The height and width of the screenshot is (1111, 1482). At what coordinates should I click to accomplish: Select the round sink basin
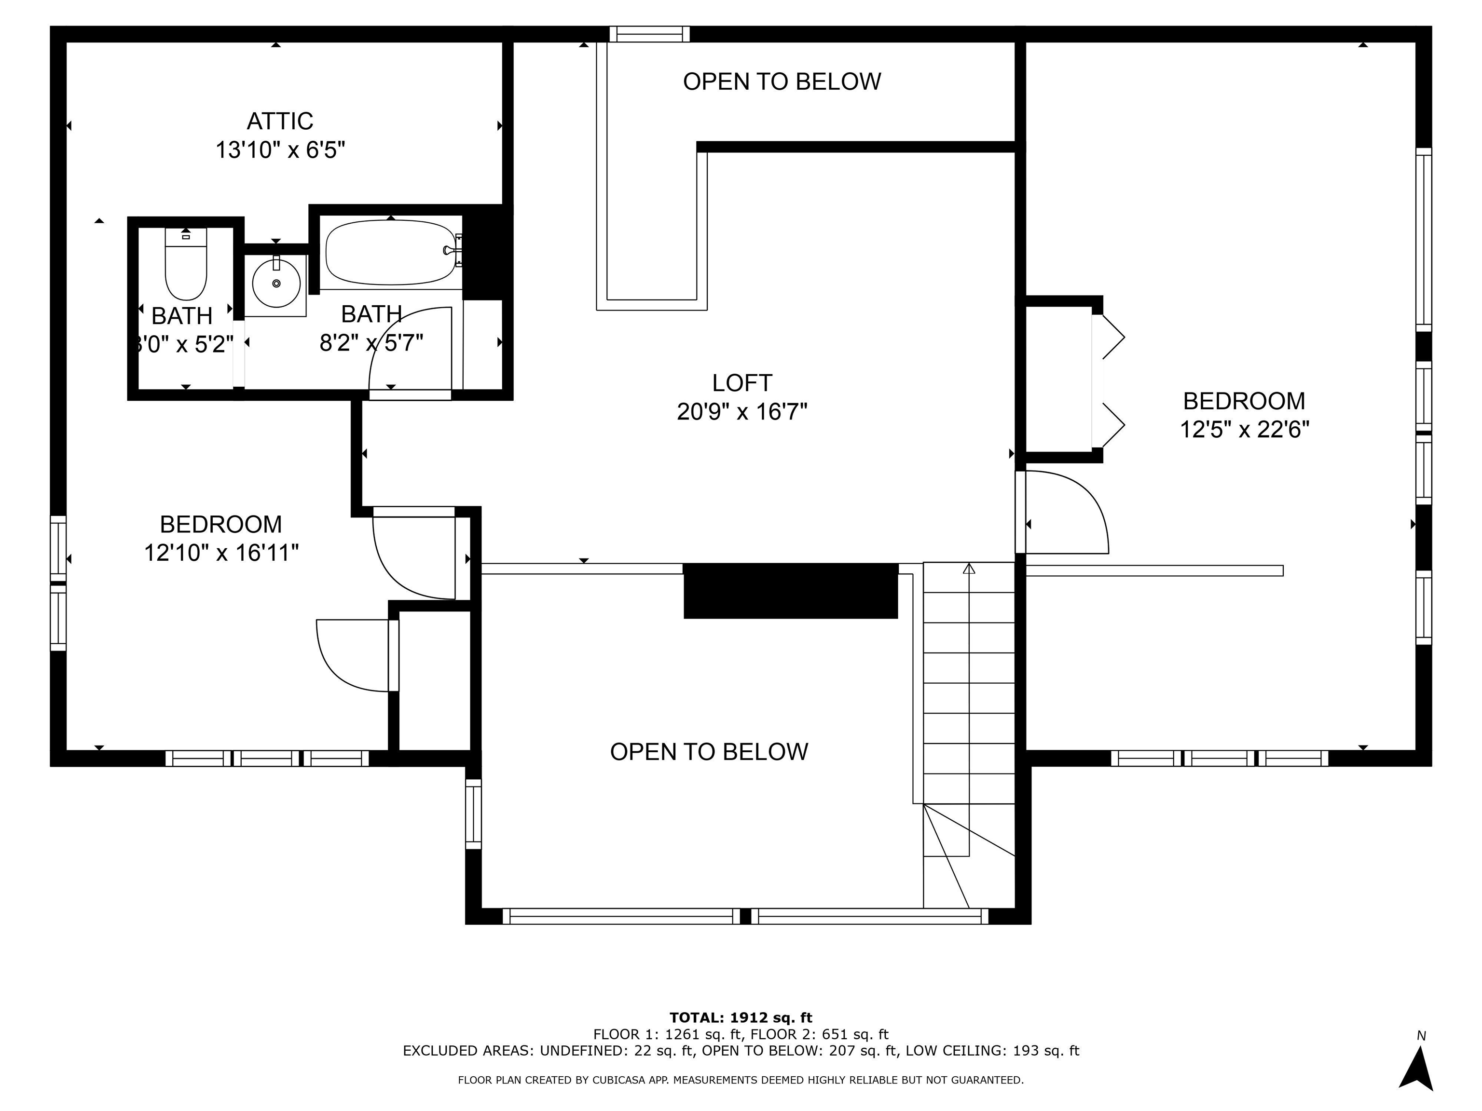pos(276,283)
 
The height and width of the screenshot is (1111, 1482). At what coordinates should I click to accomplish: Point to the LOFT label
pos(741,383)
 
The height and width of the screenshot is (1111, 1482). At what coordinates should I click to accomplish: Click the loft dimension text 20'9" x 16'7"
pos(741,411)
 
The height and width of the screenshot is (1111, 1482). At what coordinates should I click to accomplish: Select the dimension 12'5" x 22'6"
pos(1244,429)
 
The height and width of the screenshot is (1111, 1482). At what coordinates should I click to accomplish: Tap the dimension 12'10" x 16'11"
pos(221,553)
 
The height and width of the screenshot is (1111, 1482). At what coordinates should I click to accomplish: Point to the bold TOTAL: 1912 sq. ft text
pos(741,1018)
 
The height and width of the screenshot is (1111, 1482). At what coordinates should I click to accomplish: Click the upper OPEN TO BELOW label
pos(781,81)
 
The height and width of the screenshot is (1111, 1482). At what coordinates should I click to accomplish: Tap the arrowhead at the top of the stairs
pos(969,569)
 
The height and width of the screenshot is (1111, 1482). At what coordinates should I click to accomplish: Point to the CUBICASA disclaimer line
pos(741,1080)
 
